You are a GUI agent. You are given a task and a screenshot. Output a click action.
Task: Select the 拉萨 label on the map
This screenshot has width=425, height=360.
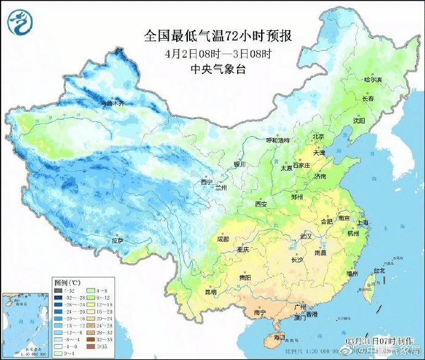point(117,239)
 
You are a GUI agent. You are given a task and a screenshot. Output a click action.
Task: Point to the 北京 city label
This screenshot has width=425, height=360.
point(318,136)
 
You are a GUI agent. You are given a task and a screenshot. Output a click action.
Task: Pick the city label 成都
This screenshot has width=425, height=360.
point(223,239)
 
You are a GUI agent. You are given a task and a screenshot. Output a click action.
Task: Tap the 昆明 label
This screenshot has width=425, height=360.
point(211,290)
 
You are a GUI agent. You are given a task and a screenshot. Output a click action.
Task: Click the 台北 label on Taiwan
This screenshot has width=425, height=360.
point(379,270)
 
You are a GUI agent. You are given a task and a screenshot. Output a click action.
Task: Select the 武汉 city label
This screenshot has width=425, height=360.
point(306,236)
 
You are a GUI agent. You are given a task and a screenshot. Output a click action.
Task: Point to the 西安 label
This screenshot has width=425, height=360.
point(261,204)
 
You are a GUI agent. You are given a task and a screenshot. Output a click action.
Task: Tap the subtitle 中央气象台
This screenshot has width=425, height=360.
point(218,69)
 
